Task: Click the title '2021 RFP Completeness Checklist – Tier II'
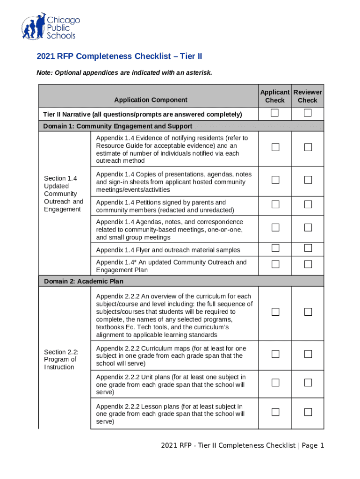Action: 119,57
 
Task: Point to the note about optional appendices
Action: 124,73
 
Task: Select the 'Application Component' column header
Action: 151,100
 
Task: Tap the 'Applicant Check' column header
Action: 274,96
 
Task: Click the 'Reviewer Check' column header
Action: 308,96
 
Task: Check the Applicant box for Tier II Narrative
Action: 275,113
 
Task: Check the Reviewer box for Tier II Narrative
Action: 308,113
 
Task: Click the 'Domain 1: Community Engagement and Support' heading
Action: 117,126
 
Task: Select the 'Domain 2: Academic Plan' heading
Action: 84,281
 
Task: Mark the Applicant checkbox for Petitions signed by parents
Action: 275,204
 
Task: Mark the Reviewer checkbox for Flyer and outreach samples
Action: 308,247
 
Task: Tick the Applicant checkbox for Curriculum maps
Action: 275,354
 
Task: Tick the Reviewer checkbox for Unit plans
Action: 308,383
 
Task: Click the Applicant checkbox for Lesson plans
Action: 275,412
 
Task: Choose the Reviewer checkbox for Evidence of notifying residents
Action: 308,147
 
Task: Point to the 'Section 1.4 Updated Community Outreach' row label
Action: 64,194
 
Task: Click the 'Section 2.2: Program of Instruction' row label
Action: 61,359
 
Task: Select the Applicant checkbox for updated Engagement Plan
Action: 275,264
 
